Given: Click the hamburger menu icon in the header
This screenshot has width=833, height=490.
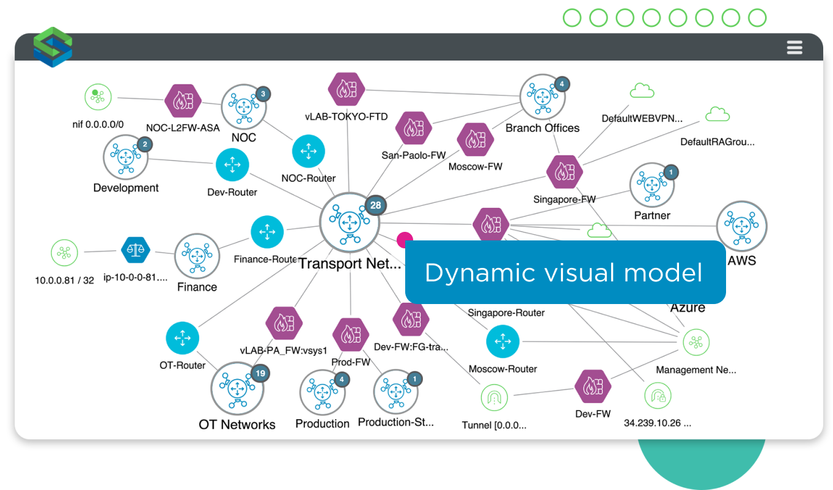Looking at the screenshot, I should (794, 47).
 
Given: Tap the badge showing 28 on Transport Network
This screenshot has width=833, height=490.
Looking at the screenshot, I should (375, 205).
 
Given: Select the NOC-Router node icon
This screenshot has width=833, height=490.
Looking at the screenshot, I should (309, 151).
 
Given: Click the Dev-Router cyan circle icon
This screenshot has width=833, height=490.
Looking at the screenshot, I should (232, 165).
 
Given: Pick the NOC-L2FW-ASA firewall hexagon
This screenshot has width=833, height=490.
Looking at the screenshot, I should (183, 100).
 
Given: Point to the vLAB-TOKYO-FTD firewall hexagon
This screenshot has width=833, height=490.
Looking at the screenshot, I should (346, 89).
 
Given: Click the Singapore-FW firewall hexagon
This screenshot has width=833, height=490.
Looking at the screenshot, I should (564, 173).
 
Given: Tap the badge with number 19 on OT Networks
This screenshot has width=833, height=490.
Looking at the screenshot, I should (260, 373).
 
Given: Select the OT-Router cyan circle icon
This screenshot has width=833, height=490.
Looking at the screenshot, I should (182, 338).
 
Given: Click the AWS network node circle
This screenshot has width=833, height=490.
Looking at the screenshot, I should (741, 226).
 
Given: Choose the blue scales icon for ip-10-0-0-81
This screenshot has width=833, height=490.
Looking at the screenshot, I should (136, 250).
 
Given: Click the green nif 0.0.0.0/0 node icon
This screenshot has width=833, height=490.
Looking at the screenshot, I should (98, 97).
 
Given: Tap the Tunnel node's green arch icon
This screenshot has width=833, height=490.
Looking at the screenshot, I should (494, 398).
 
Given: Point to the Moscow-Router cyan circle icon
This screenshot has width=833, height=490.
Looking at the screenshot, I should (503, 341).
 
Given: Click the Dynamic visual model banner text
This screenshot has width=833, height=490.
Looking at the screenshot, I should (563, 272).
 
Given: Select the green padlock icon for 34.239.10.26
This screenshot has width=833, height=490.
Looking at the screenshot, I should (658, 396).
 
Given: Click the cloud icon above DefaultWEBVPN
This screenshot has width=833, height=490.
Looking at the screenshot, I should (642, 92).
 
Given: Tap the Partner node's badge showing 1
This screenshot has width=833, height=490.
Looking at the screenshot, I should (670, 173).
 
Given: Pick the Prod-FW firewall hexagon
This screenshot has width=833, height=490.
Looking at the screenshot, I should (351, 335).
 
